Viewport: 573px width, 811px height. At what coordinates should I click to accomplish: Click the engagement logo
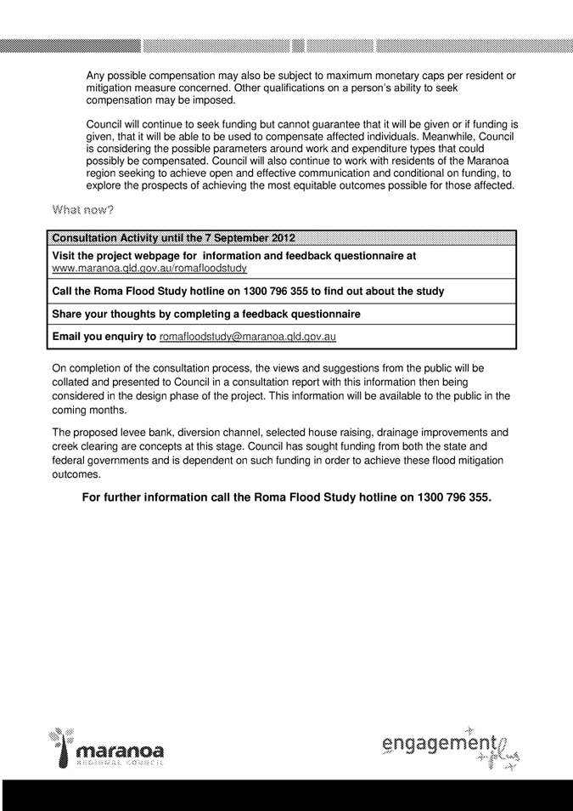click(450, 749)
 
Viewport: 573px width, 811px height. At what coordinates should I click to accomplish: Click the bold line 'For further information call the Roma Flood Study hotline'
click(286, 497)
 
